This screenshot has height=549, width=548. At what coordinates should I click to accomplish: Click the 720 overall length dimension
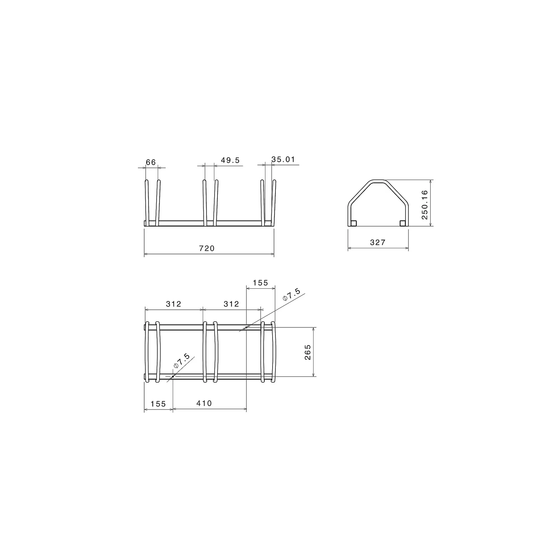[x=207, y=248]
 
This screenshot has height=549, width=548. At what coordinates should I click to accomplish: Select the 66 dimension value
[x=151, y=162]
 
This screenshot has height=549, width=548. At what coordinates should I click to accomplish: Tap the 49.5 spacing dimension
[x=230, y=160]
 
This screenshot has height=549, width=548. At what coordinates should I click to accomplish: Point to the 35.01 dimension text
[x=283, y=159]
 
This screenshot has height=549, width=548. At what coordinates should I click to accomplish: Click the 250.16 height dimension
[x=424, y=205]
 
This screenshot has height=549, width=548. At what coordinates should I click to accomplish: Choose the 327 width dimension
[x=378, y=242]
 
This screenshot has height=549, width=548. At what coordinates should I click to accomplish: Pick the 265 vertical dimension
[x=308, y=352]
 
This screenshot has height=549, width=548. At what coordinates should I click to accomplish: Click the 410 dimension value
[x=204, y=403]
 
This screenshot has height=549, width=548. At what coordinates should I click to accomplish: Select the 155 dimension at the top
[x=260, y=283]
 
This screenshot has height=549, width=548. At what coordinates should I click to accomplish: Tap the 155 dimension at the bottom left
[x=158, y=404]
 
